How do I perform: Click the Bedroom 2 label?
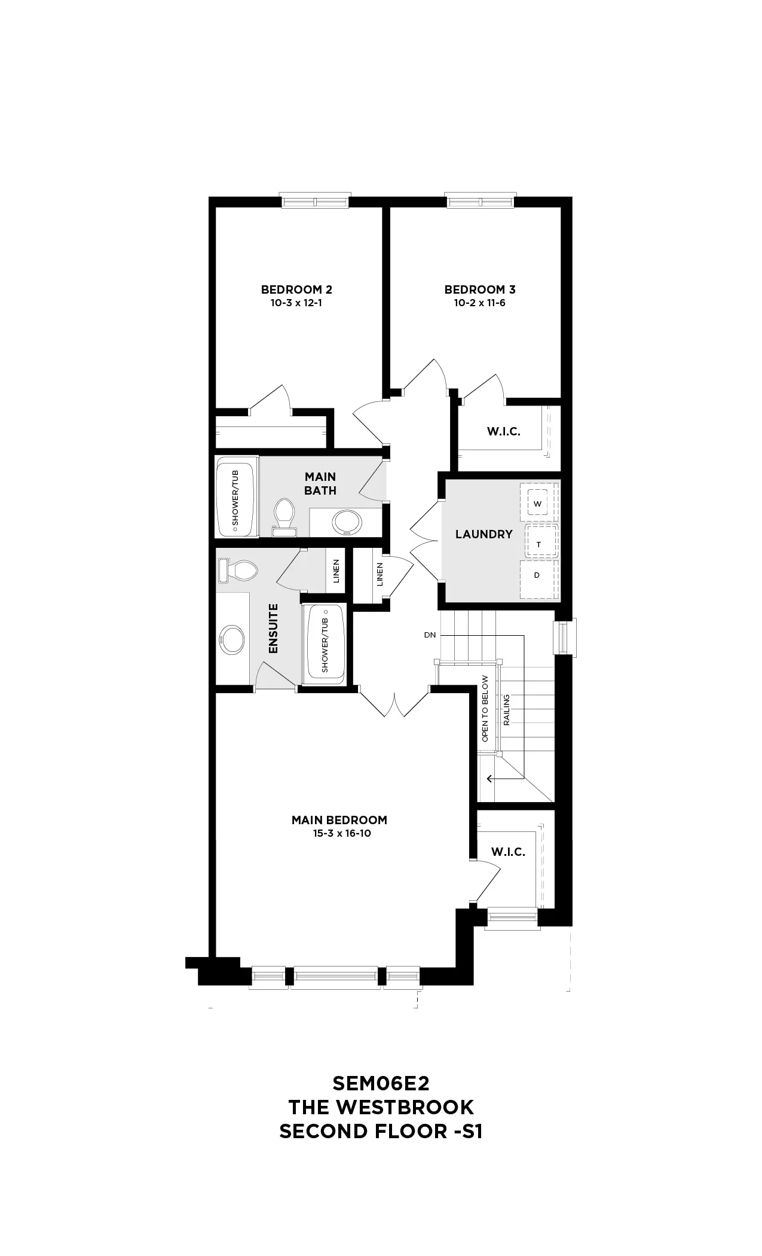[296, 289]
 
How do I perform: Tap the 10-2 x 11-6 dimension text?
[479, 303]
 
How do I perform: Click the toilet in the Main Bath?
[284, 517]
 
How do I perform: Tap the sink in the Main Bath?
[347, 522]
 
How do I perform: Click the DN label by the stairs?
[430, 635]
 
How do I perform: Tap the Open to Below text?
[485, 709]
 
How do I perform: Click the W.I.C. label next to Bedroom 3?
[503, 432]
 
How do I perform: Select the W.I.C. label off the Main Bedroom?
[508, 852]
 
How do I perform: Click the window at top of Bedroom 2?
[315, 201]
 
